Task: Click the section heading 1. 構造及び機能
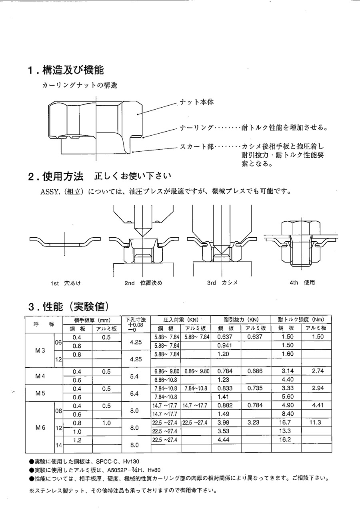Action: (66, 70)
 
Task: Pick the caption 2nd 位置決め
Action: (144, 283)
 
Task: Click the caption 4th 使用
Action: (302, 283)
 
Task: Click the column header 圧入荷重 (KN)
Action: (181, 320)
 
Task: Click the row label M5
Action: (40, 393)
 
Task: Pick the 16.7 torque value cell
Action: (287, 423)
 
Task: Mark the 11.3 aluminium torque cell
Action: (315, 423)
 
